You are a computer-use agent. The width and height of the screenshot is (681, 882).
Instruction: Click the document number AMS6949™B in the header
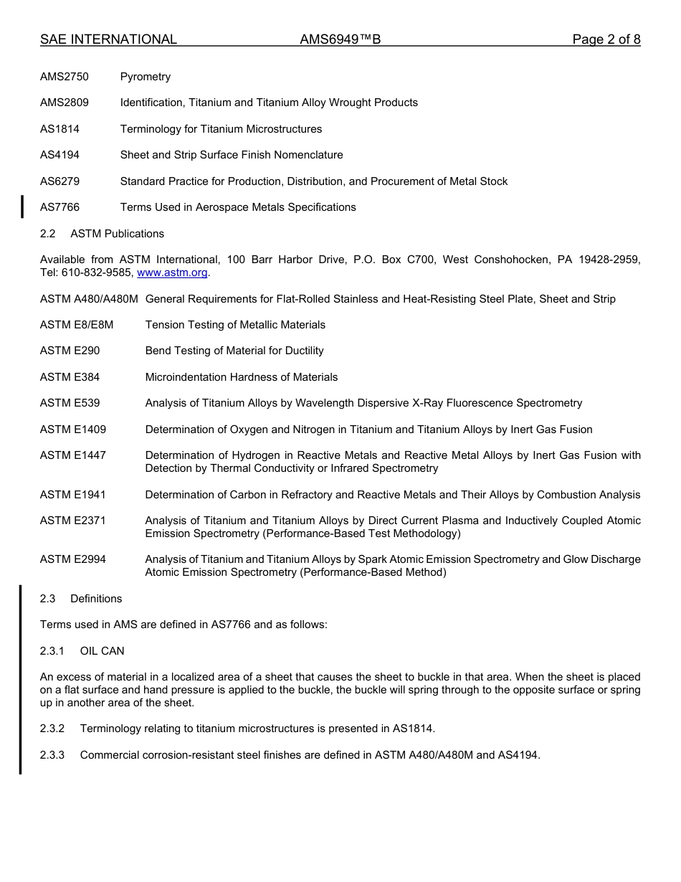(340, 39)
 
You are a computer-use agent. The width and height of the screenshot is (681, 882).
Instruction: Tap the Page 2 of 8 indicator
(606, 39)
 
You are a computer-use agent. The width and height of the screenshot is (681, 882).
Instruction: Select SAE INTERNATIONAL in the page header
(108, 39)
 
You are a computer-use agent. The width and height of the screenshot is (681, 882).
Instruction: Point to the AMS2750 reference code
(65, 77)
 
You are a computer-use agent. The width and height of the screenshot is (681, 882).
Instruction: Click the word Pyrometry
(146, 77)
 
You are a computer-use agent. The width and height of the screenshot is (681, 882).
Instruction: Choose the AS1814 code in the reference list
(59, 129)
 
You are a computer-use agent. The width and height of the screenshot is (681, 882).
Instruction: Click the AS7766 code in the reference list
(59, 207)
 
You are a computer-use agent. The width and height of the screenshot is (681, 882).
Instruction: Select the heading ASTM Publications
(117, 234)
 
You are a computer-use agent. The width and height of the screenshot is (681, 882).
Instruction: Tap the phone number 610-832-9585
(96, 272)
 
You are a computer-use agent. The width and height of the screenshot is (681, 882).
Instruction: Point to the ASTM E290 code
(70, 351)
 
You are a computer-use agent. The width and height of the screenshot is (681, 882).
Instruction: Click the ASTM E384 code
(70, 377)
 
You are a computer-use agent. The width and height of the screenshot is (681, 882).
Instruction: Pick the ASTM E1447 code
(73, 455)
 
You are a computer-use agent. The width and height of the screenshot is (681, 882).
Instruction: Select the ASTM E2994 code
(73, 559)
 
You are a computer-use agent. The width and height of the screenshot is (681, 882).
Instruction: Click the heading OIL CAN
(102, 651)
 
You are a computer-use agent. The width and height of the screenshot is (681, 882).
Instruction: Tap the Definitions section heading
(96, 599)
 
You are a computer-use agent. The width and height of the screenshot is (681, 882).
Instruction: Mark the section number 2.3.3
(52, 755)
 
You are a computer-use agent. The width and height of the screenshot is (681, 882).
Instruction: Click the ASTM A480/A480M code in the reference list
(89, 299)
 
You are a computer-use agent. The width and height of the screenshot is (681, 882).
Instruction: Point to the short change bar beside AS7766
(22, 207)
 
